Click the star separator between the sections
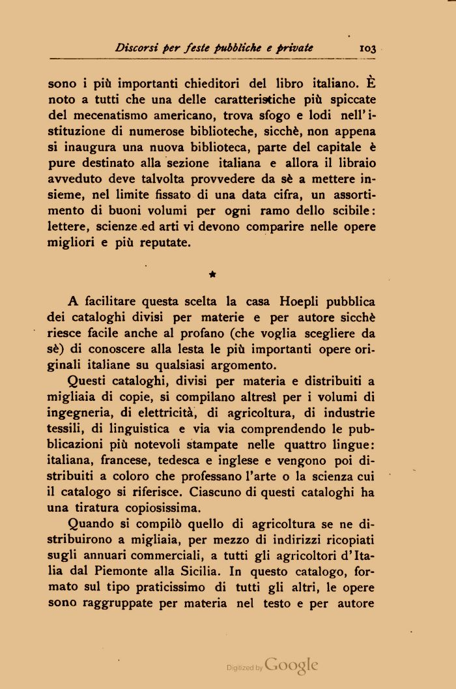(212, 276)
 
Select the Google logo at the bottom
(291, 665)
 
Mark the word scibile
(351, 211)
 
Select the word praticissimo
(159, 587)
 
